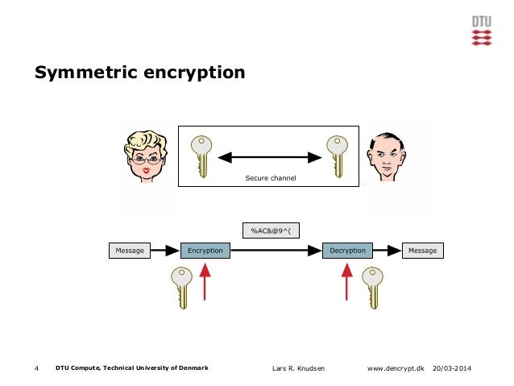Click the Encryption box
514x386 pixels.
pyautogui.click(x=205, y=251)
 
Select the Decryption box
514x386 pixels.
pyautogui.click(x=347, y=251)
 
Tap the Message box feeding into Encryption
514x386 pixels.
pyautogui.click(x=130, y=251)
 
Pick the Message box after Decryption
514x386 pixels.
pyautogui.click(x=422, y=251)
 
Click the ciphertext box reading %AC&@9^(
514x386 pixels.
pyautogui.click(x=270, y=230)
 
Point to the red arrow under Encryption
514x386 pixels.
pyautogui.click(x=205, y=283)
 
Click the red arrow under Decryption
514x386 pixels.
pyautogui.click(x=347, y=283)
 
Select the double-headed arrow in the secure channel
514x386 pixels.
pyautogui.click(x=270, y=156)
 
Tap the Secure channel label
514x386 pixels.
pyautogui.click(x=270, y=177)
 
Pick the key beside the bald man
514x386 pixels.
pyautogui.click(x=335, y=156)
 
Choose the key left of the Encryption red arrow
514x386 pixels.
pyautogui.click(x=179, y=288)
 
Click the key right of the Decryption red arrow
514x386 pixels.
pyautogui.click(x=372, y=288)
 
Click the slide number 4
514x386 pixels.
pyautogui.click(x=37, y=368)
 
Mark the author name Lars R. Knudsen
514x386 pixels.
pyautogui.click(x=301, y=368)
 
